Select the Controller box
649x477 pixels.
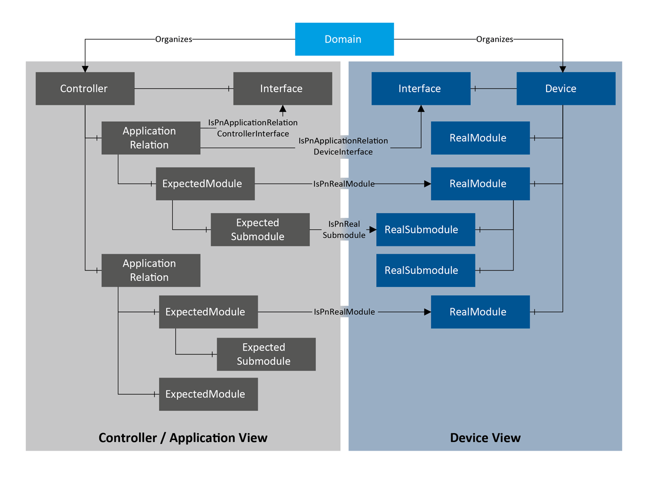tap(85, 89)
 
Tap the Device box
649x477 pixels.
tap(566, 89)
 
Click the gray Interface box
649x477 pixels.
tap(282, 89)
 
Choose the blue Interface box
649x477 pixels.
tap(420, 89)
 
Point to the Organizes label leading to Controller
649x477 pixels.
tap(173, 39)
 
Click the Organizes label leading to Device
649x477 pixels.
tap(494, 39)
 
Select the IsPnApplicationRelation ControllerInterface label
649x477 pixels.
tap(253, 128)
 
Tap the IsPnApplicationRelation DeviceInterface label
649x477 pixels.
tap(343, 146)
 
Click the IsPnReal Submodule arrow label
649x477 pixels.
tap(344, 229)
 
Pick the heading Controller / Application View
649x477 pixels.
tap(183, 437)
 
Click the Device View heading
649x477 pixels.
tap(485, 437)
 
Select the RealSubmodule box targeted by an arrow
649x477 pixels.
tap(425, 230)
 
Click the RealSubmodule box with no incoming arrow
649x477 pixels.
tap(425, 270)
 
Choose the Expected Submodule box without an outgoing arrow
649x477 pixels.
tap(266, 355)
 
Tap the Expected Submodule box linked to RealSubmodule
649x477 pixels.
tap(260, 230)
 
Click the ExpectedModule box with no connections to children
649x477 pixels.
tap(208, 394)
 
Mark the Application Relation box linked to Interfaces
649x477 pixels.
tap(151, 138)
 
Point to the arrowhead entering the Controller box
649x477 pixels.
tap(85, 68)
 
